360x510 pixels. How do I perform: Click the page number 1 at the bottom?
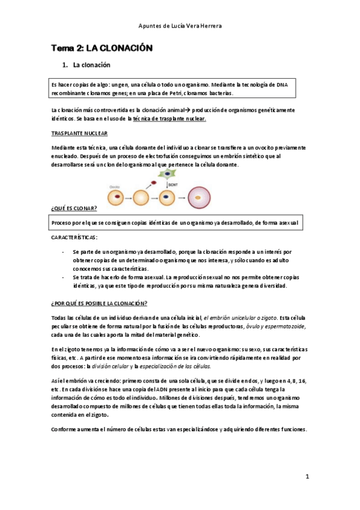[307, 476]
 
